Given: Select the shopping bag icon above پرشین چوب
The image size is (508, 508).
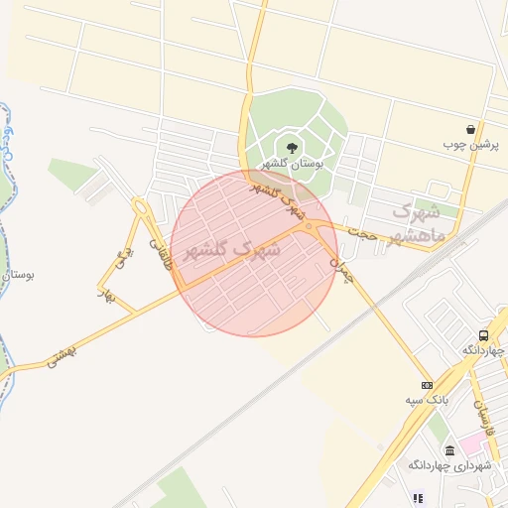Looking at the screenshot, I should [470, 130].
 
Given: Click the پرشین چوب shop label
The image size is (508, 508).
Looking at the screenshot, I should [471, 145].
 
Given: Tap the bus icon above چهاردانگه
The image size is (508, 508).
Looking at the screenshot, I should [483, 335].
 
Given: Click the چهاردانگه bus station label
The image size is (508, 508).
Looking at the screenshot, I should [483, 350].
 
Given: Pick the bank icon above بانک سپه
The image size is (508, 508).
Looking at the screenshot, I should [427, 385].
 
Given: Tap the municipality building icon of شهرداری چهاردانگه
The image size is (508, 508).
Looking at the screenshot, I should [449, 450].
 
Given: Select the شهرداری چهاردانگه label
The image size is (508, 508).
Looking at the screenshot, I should [449, 465].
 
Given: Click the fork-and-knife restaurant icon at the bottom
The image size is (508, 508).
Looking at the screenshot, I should [418, 498].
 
